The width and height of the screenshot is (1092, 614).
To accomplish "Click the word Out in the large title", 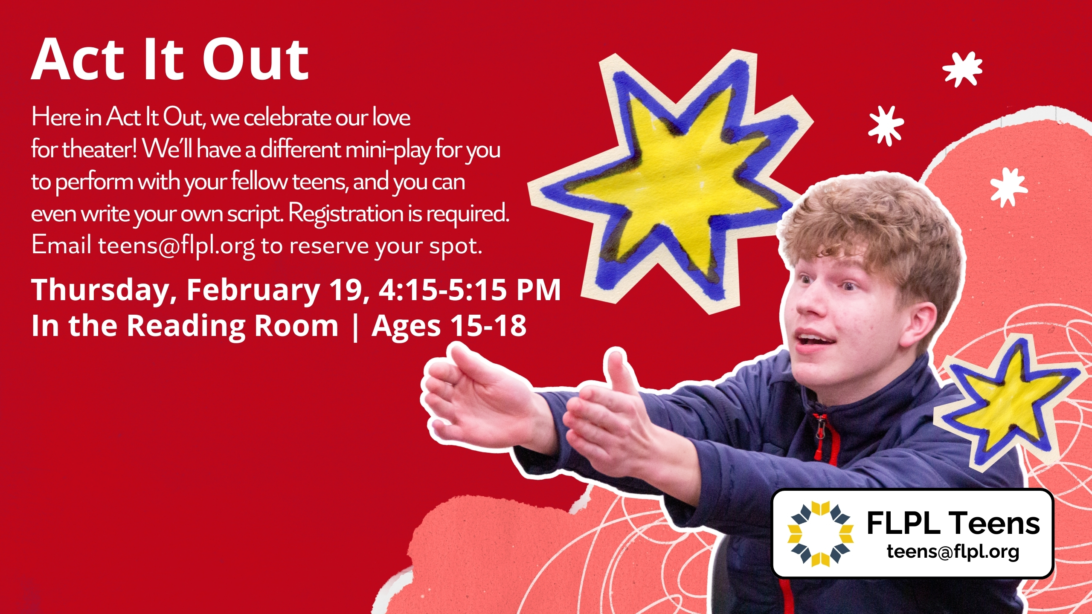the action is tap(255, 60).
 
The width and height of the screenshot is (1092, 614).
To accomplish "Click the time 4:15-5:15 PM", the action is tap(470, 290).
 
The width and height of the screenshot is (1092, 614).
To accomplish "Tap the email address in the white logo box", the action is tap(953, 551).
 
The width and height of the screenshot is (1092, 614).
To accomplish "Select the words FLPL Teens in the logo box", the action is tap(953, 523).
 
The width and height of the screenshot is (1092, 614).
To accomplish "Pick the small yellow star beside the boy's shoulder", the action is tap(1009, 403).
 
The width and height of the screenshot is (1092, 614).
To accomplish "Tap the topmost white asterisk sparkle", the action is tap(962, 69).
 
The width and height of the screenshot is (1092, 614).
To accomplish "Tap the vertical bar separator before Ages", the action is tap(355, 327).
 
